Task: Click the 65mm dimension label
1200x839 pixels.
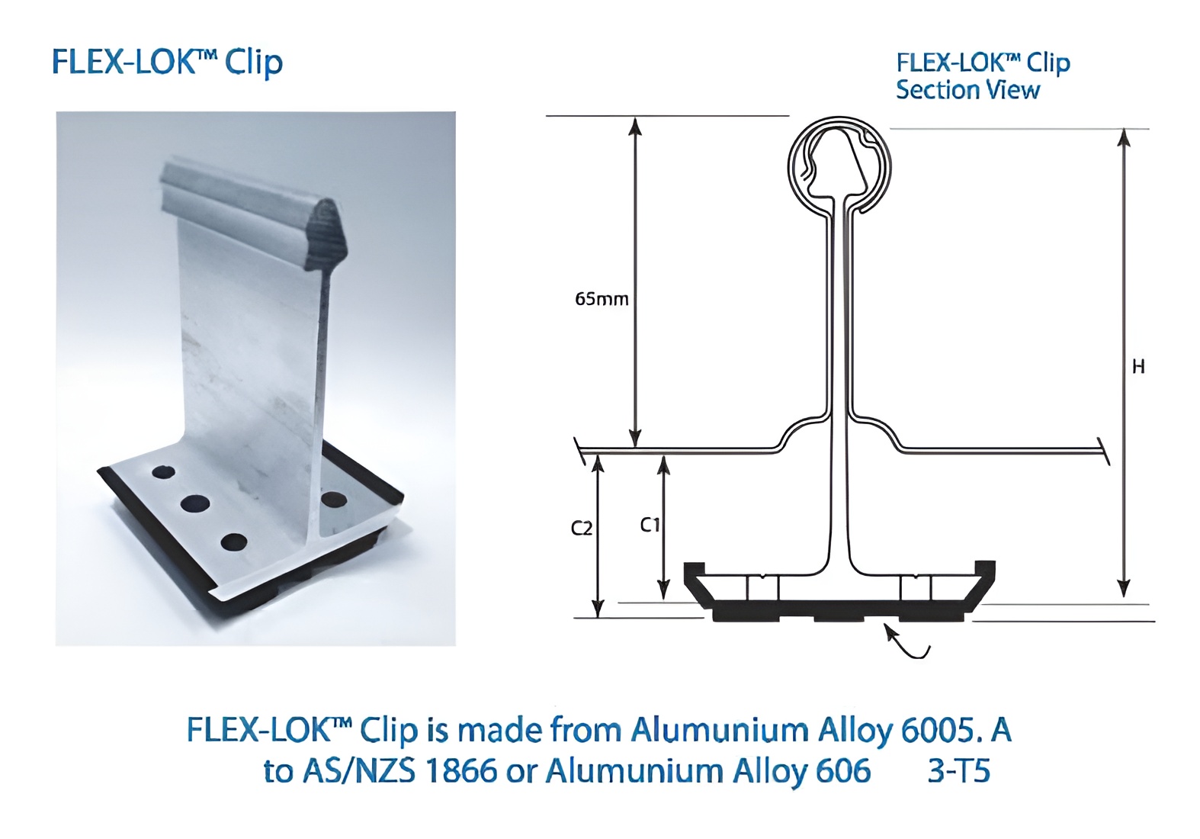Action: point(602,299)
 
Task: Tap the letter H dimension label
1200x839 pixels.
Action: point(1138,367)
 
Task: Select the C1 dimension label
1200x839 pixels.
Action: point(650,525)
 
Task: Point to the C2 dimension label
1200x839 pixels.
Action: point(582,528)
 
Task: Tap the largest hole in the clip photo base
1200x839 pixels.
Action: point(195,503)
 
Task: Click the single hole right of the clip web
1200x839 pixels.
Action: point(334,500)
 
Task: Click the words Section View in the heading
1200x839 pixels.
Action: point(967,90)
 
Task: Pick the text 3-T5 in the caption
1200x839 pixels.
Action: point(958,771)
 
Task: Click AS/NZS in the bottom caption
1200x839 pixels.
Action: point(359,771)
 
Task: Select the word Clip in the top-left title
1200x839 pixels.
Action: point(254,63)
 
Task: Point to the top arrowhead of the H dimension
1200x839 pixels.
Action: point(1123,137)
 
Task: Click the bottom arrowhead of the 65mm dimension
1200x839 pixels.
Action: point(634,439)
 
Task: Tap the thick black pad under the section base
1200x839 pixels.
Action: point(839,610)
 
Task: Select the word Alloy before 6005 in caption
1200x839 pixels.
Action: point(855,731)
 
